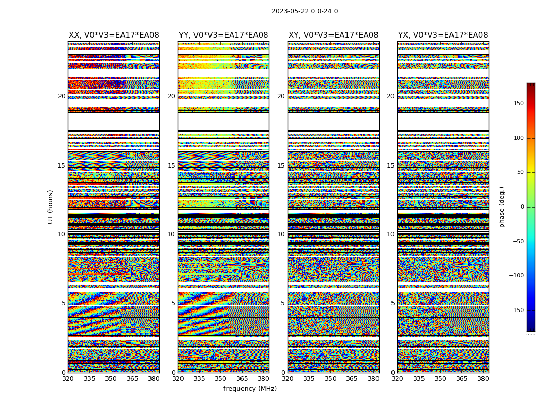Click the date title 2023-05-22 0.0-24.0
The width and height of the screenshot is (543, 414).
tap(305, 11)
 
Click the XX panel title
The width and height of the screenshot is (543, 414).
tap(114, 35)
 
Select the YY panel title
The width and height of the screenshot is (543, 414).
tap(223, 35)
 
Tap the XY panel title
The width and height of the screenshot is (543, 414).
tap(333, 35)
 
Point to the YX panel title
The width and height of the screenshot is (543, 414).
tap(443, 35)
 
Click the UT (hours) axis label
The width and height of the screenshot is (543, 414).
tap(51, 206)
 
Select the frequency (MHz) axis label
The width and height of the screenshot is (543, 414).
tap(250, 389)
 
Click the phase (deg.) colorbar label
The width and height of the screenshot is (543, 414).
tap(502, 207)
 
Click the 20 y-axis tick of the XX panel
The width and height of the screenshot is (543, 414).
tap(62, 96)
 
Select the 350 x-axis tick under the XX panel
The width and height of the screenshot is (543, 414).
tap(111, 379)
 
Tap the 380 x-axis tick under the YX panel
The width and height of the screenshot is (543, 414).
tap(483, 379)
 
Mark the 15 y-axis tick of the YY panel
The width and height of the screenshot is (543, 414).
tap(171, 166)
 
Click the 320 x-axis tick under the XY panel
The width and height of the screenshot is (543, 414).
tap(288, 379)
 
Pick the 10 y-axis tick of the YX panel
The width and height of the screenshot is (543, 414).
tap(390, 234)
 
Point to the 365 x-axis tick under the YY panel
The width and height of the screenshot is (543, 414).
tap(242, 379)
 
